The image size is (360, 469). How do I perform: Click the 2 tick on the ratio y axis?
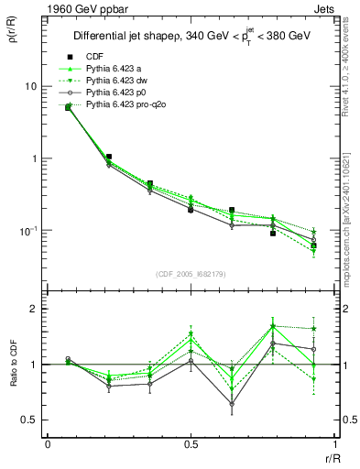click(x=36, y=309)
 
